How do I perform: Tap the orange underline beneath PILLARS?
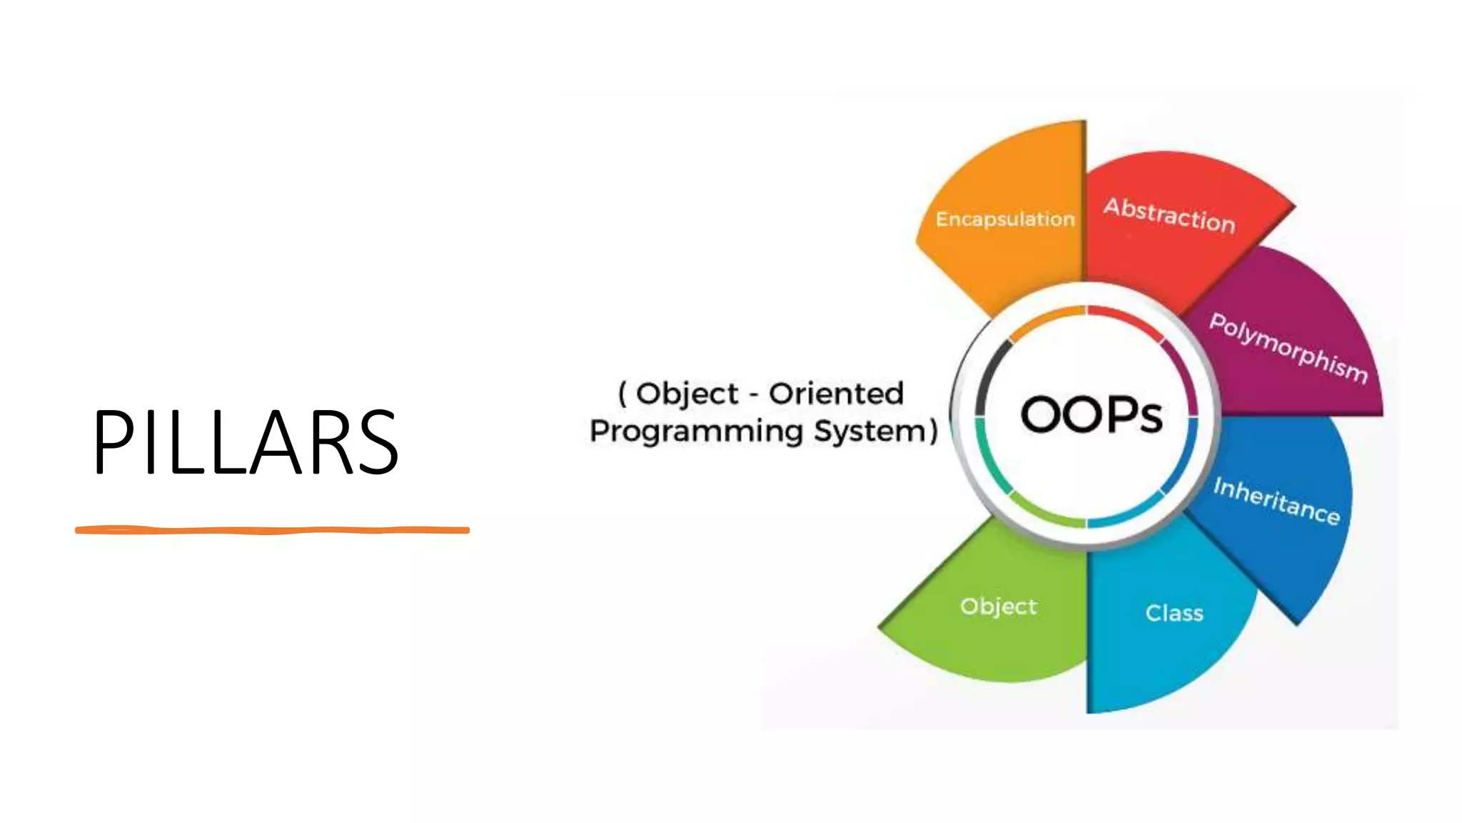(x=272, y=530)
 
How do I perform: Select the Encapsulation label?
(x=1005, y=219)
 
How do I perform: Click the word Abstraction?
(x=1169, y=215)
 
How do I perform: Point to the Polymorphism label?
(x=1289, y=348)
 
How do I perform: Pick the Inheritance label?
(x=1276, y=500)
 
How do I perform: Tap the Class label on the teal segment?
(x=1174, y=613)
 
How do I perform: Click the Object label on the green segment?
(x=999, y=607)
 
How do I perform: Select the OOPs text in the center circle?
(x=1092, y=415)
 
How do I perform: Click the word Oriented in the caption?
(x=836, y=394)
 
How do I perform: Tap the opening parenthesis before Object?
(x=622, y=394)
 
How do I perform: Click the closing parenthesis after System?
(x=932, y=431)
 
